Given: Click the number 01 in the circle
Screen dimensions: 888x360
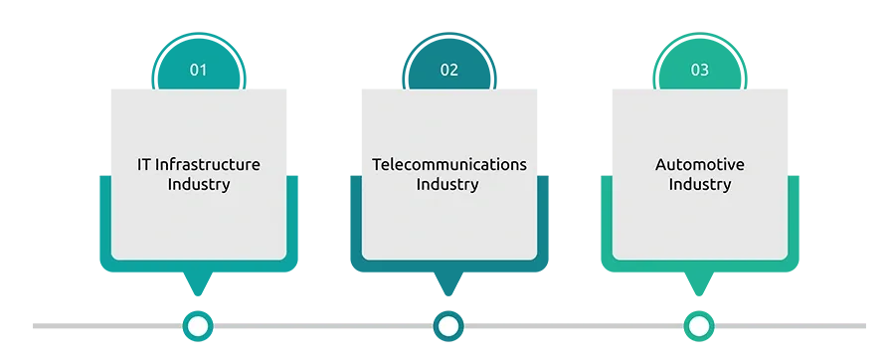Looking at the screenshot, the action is click(198, 71).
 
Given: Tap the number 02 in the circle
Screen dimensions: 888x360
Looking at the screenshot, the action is click(449, 71).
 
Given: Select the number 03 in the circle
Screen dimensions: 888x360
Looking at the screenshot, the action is click(700, 71).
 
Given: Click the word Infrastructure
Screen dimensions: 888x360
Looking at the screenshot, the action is click(208, 164).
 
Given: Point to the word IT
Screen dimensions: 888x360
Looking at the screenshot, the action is click(144, 164).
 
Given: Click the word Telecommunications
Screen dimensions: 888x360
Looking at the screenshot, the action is click(449, 164).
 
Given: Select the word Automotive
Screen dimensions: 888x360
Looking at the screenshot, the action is click(700, 164).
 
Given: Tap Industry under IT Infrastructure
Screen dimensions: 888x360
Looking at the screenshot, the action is click(198, 185).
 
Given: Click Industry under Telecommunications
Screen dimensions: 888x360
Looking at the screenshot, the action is click(447, 185).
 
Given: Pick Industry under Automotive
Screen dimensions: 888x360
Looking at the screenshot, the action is click(700, 185).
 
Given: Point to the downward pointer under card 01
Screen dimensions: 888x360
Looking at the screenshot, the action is click(198, 283).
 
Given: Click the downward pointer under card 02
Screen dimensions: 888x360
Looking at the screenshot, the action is click(448, 283).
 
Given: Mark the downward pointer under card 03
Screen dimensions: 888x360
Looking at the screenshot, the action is click(699, 283).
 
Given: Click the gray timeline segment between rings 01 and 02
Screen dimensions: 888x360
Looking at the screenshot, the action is click(323, 326).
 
